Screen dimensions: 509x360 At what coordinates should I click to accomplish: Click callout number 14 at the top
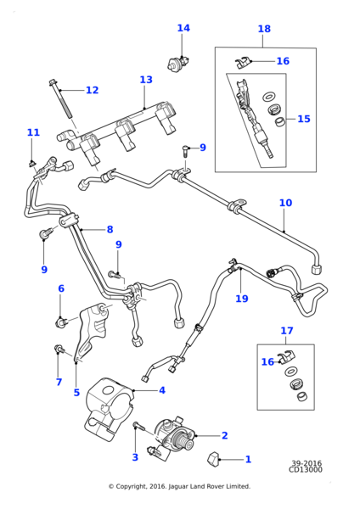183,28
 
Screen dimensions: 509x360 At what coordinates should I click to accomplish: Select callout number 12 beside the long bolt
92,90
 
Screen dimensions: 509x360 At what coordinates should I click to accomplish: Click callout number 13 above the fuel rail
146,80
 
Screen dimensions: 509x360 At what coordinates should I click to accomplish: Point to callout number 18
264,29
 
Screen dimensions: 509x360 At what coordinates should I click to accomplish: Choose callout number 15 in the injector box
303,119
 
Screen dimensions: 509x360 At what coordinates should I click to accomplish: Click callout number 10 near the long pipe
285,203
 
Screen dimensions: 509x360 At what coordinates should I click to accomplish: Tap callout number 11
33,132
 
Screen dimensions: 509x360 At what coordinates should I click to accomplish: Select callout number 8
110,229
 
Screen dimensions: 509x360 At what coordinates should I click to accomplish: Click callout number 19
242,298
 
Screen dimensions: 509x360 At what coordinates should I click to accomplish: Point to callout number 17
287,331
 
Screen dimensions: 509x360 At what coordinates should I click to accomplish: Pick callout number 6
60,288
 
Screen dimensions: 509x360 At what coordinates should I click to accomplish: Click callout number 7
59,382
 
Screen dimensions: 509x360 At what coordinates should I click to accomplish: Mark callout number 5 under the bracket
76,392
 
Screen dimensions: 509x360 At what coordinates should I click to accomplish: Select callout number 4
161,390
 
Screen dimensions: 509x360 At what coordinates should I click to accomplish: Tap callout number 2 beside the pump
224,435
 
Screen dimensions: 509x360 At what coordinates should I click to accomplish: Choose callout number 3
134,457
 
